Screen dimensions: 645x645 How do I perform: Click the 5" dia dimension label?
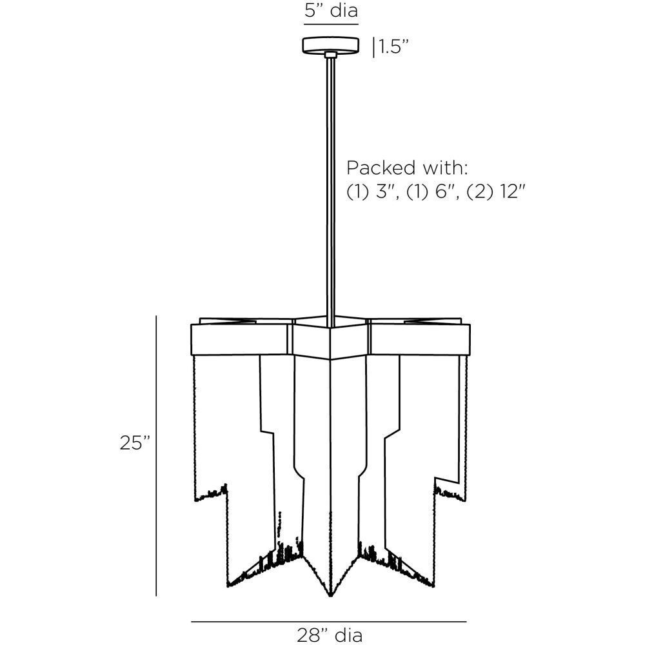[x=331, y=10]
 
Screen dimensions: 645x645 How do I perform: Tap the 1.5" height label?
[x=393, y=48]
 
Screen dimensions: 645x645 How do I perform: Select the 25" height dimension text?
[x=135, y=442]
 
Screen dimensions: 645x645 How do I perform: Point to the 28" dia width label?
[x=330, y=635]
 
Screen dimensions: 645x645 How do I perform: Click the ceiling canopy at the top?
[x=331, y=46]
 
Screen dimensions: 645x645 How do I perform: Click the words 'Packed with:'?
[x=407, y=168]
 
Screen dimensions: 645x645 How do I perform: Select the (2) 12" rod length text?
[x=496, y=192]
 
